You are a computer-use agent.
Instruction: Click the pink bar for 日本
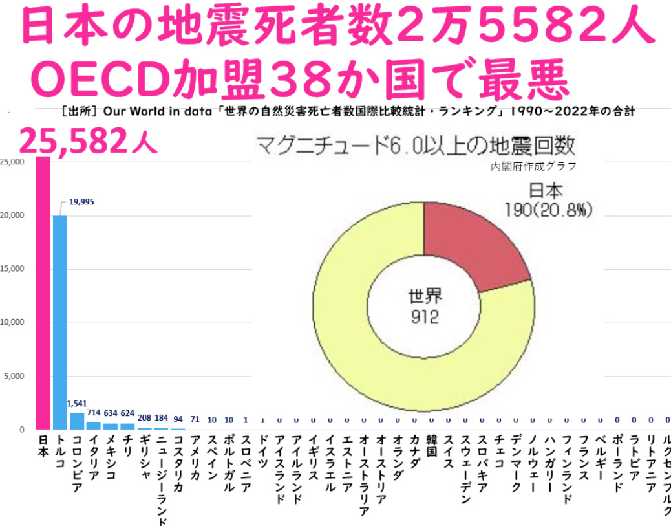(43, 291)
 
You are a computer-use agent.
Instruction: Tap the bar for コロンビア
(77, 421)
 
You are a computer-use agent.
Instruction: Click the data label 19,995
(81, 202)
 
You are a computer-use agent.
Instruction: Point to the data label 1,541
(77, 404)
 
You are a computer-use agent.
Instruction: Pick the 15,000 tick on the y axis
(12, 268)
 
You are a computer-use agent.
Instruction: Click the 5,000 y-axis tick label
(14, 376)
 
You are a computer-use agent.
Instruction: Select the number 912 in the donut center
(424, 317)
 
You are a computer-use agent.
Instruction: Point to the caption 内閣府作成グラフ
(533, 166)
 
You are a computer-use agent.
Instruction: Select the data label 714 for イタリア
(94, 412)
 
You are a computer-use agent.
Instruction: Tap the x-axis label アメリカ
(195, 457)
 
